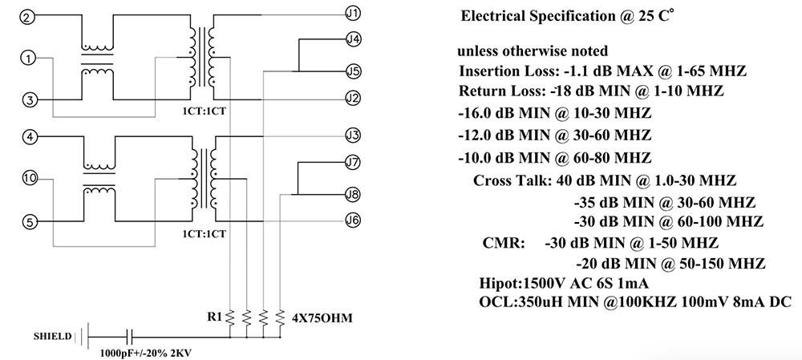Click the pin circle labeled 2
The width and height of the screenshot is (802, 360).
27,17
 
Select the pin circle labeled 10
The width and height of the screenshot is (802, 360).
30,178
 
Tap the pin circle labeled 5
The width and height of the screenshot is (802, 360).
30,221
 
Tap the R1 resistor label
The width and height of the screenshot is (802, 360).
215,317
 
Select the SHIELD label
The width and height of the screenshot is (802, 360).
53,337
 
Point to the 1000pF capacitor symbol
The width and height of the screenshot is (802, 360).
130,337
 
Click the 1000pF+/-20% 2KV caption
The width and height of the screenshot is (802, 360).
146,353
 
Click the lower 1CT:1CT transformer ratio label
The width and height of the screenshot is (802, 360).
203,234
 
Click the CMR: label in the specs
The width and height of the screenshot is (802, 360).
504,242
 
